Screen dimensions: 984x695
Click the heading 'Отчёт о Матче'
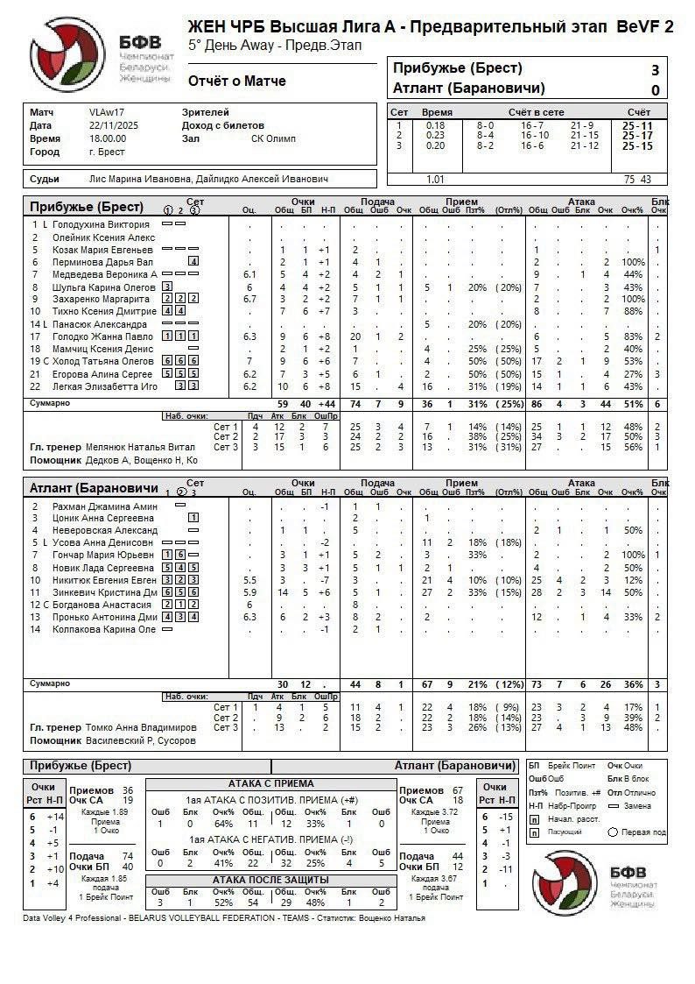click(236, 81)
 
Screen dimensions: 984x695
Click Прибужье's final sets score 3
click(655, 70)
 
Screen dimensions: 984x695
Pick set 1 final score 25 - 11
click(636, 126)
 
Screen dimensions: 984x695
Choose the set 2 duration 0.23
click(435, 136)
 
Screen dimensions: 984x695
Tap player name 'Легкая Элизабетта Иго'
click(103, 386)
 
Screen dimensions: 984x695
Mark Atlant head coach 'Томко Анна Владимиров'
click(141, 728)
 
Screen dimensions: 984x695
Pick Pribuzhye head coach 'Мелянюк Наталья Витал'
click(141, 447)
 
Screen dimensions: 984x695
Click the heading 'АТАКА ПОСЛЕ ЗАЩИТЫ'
click(270, 880)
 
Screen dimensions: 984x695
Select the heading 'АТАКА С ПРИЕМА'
click(270, 784)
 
